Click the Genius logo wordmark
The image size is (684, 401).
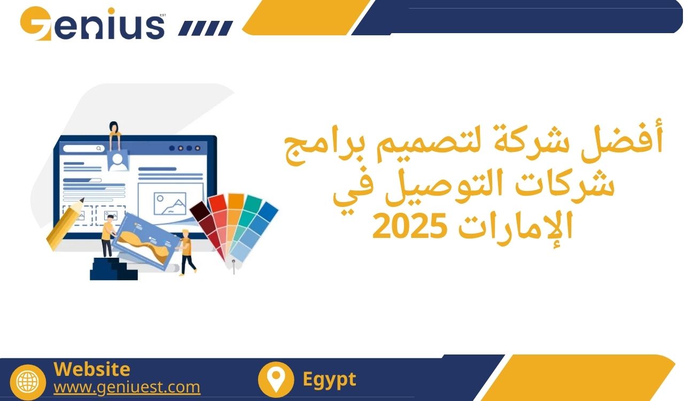click(x=93, y=24)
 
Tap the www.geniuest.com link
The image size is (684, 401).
click(x=127, y=387)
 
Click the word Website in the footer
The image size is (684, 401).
click(x=92, y=369)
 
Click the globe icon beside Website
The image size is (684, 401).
click(x=28, y=382)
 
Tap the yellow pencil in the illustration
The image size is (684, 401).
click(x=65, y=224)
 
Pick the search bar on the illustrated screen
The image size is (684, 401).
click(x=84, y=149)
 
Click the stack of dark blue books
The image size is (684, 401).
click(x=113, y=268)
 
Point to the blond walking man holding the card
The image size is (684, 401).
click(x=187, y=252)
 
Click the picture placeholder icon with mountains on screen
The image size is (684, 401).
click(x=170, y=204)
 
